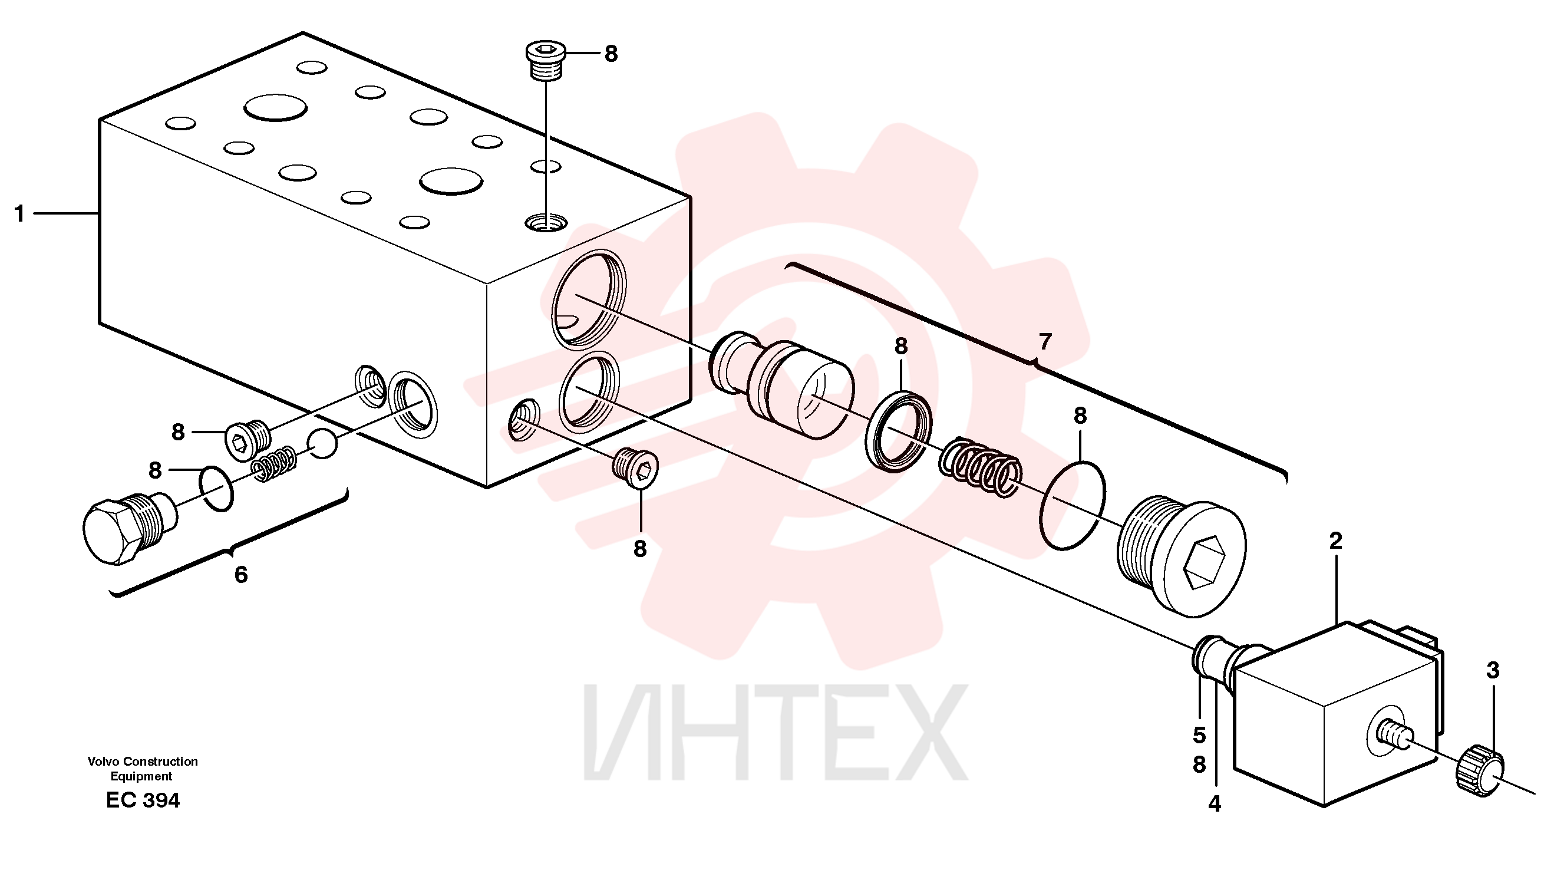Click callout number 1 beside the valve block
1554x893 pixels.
(19, 214)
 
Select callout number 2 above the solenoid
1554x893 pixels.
(1336, 541)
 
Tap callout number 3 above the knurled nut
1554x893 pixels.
(1493, 670)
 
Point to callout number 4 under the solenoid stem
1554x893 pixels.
(1215, 803)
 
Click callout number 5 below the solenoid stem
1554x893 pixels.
(1199, 736)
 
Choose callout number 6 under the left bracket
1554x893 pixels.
(241, 575)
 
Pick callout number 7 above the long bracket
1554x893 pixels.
(1045, 341)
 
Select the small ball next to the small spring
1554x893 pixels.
(322, 443)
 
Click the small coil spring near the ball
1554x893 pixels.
(275, 464)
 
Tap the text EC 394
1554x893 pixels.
(143, 800)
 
